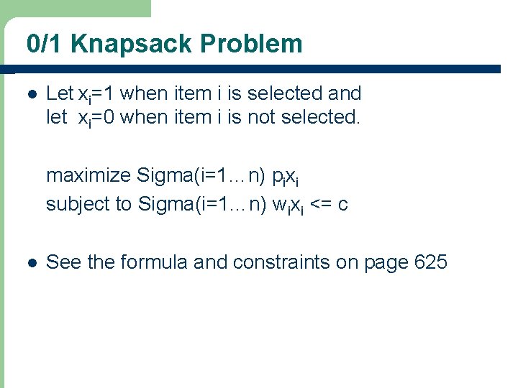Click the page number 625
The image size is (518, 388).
tap(431, 262)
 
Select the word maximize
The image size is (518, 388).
tap(88, 175)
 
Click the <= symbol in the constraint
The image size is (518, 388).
tap(322, 204)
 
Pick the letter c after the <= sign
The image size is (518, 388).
tap(343, 205)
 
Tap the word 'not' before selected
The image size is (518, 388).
tap(263, 117)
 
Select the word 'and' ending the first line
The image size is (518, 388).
tap(344, 93)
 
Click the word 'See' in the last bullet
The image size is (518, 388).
tap(63, 262)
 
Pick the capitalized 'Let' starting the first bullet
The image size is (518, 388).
tap(60, 93)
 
